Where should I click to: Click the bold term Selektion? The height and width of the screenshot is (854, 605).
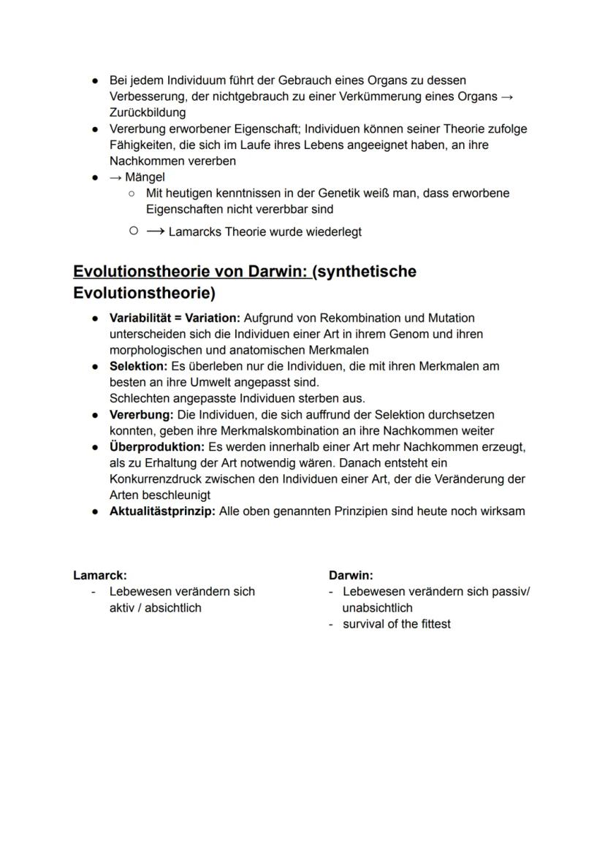(x=138, y=366)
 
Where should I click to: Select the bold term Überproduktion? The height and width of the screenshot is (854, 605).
(x=157, y=446)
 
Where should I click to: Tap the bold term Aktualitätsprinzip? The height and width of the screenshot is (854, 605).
(x=162, y=511)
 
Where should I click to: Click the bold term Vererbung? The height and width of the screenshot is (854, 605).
(x=140, y=414)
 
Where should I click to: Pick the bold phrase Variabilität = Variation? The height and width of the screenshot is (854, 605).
(x=175, y=318)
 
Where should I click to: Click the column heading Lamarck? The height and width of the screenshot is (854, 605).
(x=94, y=576)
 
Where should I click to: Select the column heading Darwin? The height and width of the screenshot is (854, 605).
(x=351, y=576)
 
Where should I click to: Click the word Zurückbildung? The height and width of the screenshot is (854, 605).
(x=148, y=113)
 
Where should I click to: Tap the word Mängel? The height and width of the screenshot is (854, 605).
(x=145, y=177)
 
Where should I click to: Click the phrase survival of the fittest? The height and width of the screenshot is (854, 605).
(x=397, y=624)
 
